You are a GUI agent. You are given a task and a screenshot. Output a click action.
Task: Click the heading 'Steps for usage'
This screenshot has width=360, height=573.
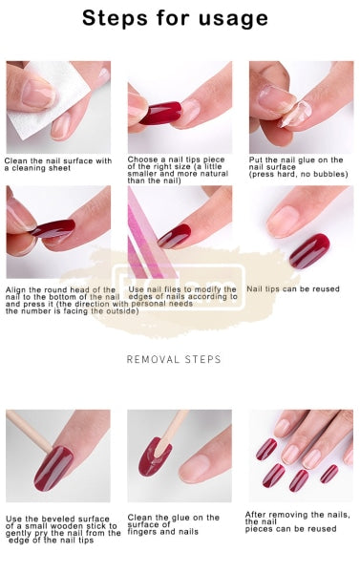pos(175,18)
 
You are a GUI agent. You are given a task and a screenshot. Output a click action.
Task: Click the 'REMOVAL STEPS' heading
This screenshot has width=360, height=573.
pos(175,359)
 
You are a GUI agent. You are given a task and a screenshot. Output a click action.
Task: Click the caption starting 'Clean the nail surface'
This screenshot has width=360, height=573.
pos(57,163)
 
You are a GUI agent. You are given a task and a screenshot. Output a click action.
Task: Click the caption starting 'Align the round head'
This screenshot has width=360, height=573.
pos(62,298)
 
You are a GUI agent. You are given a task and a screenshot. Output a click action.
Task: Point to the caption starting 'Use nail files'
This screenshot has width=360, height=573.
pos(181,292)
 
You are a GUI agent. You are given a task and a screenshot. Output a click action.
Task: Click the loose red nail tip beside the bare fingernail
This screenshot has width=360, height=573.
pos(309,250)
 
